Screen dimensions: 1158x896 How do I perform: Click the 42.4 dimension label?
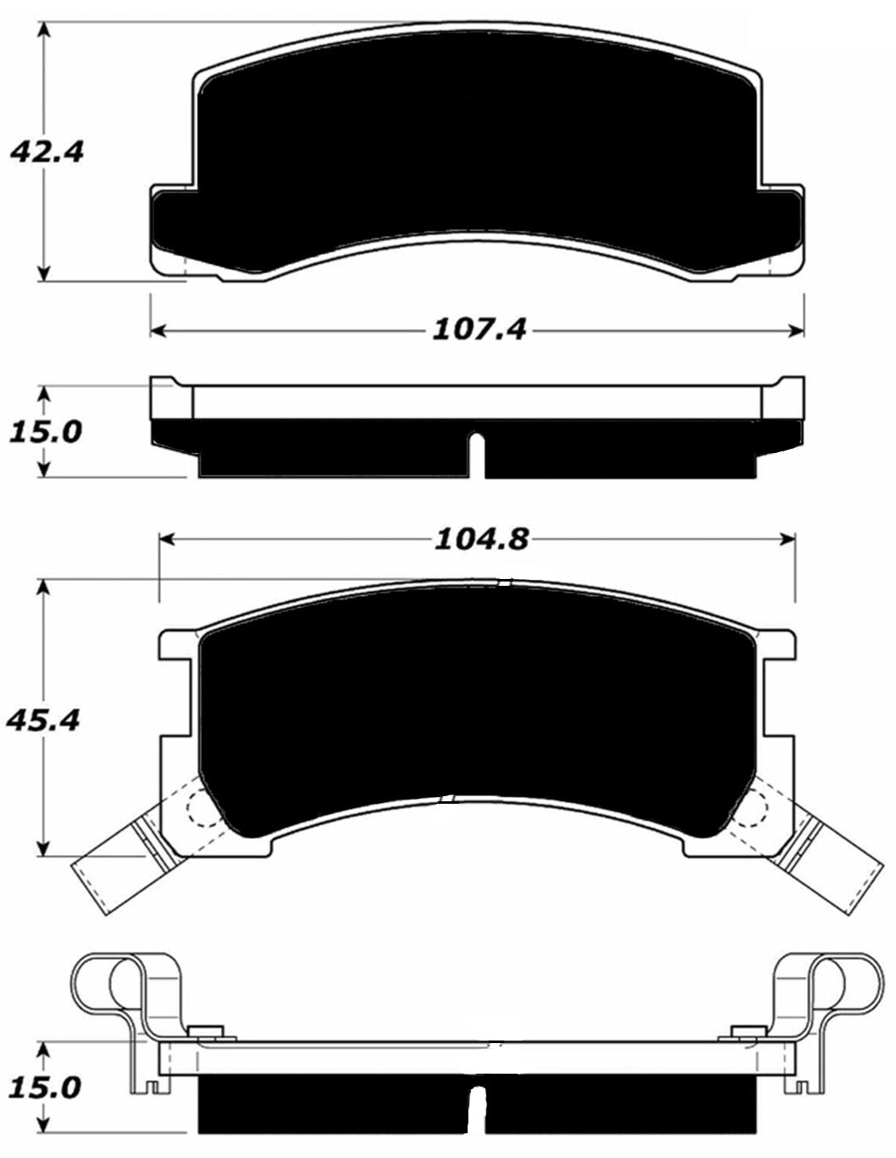tap(46, 152)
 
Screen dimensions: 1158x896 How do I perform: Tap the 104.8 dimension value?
tap(482, 538)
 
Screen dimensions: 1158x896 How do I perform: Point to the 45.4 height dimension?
tap(43, 720)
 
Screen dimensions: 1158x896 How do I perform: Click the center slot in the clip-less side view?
tap(478, 456)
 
